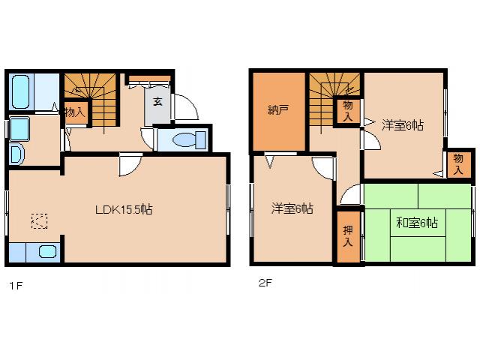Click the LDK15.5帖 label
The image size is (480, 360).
[x=124, y=210]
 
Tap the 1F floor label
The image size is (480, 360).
[x=13, y=284]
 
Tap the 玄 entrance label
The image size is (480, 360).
[x=158, y=101]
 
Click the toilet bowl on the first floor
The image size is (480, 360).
[x=184, y=140]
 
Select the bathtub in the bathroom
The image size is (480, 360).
[x=20, y=91]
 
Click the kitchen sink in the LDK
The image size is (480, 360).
[x=47, y=252]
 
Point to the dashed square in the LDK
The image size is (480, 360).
[x=39, y=220]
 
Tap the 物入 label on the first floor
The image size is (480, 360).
[x=74, y=112]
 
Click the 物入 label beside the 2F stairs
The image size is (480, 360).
[x=348, y=112]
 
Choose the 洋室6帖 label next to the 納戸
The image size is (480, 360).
[x=292, y=208]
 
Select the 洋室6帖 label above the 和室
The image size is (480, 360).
[x=402, y=125]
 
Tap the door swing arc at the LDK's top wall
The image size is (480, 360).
[x=129, y=163]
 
